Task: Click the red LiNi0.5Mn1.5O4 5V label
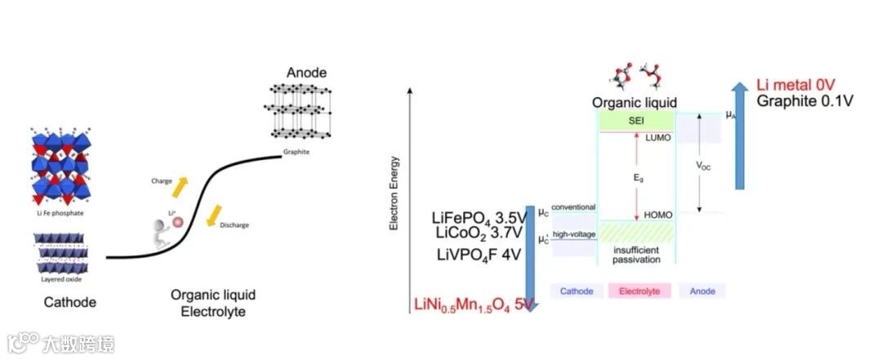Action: click(x=474, y=305)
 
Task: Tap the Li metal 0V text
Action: click(x=795, y=85)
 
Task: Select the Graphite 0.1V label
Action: click(x=804, y=101)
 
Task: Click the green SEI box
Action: click(x=636, y=121)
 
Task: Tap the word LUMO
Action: click(x=657, y=138)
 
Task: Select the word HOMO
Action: click(x=657, y=215)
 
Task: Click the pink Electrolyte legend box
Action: click(x=639, y=291)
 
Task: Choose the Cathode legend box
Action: click(x=577, y=291)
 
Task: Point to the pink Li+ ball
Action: click(x=177, y=220)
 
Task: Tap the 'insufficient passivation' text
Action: click(x=636, y=255)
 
